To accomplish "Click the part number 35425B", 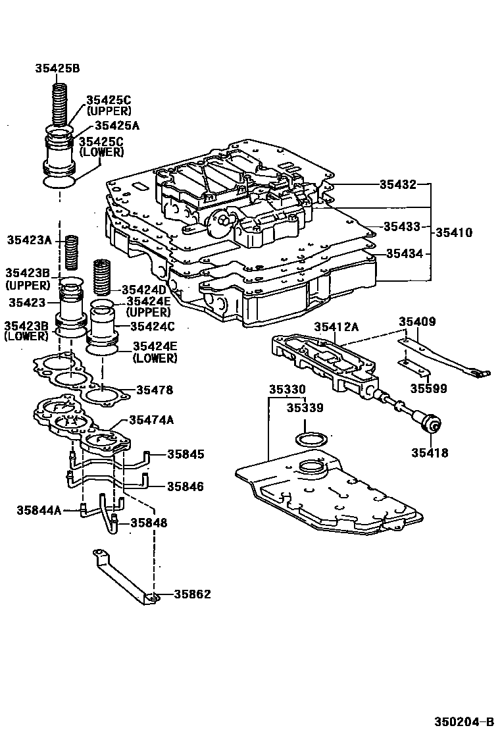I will pyautogui.click(x=57, y=68).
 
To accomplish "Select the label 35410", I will pyautogui.click(x=453, y=232).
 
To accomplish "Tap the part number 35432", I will pyautogui.click(x=397, y=184).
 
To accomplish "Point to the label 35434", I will pyautogui.click(x=404, y=253).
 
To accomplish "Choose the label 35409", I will pyautogui.click(x=417, y=321).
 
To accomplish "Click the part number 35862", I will pyautogui.click(x=192, y=594).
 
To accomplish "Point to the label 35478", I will pyautogui.click(x=155, y=390).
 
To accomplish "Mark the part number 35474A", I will pyautogui.click(x=151, y=419).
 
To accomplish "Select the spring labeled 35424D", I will pyautogui.click(x=102, y=277).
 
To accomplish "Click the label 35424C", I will pyautogui.click(x=152, y=326).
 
